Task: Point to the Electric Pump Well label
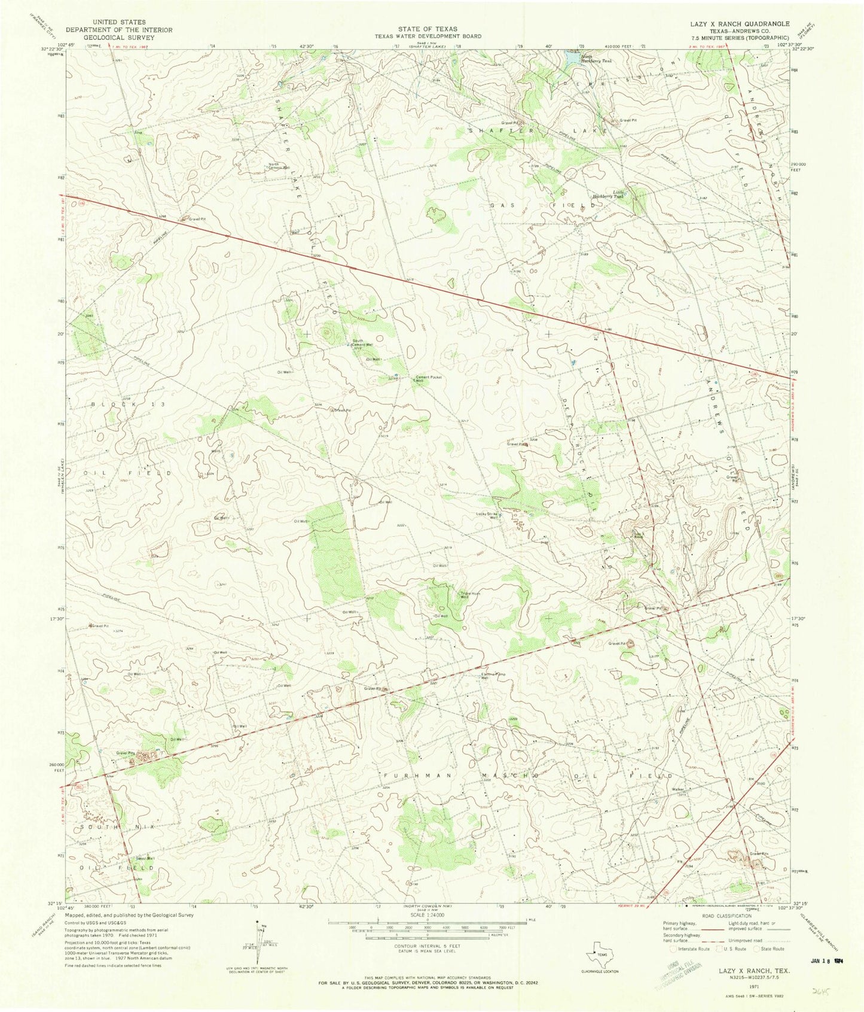[x=494, y=676]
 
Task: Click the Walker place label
[x=677, y=789]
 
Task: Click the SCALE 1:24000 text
[x=428, y=915]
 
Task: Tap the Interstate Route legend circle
[x=674, y=949]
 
